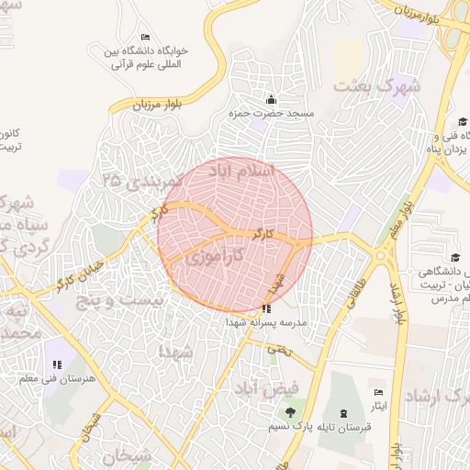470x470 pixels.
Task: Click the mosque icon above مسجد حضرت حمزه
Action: coord(270,100)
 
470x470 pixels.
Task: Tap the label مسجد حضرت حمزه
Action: coord(272,114)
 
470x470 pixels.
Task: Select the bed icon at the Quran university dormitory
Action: coord(146,36)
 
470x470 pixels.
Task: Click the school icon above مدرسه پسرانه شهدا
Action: coord(266,309)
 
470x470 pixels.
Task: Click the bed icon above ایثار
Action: coord(379,392)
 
